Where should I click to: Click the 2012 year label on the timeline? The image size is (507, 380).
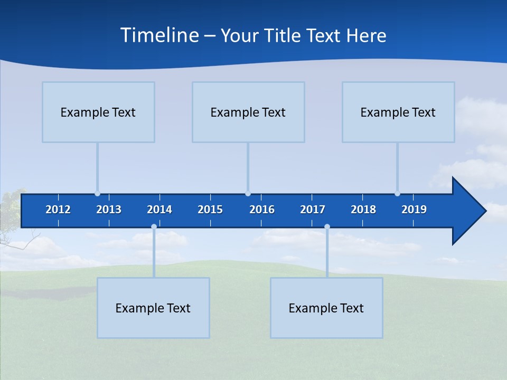pos(58,210)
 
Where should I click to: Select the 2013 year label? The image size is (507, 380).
pos(109,210)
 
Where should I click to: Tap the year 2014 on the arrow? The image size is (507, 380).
pos(159,210)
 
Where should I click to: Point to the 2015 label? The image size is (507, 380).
pos(210,210)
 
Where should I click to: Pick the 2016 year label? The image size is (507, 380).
pos(262,210)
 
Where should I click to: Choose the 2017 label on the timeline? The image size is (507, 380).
pos(313,210)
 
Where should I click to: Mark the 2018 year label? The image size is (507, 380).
pos(363,210)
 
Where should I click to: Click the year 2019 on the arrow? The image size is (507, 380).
pos(414,210)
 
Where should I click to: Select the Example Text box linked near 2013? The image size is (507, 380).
pos(98,112)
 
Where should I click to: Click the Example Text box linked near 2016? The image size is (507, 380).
pos(248,112)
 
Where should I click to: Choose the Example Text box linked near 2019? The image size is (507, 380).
pos(398,112)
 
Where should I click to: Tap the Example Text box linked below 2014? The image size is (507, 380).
pos(153,308)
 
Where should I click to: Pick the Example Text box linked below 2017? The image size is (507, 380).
pos(326,308)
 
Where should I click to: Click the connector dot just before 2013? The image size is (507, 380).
pos(97,194)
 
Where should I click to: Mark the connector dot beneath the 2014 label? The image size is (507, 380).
pos(154,227)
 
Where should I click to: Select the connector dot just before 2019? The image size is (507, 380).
pos(397,194)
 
